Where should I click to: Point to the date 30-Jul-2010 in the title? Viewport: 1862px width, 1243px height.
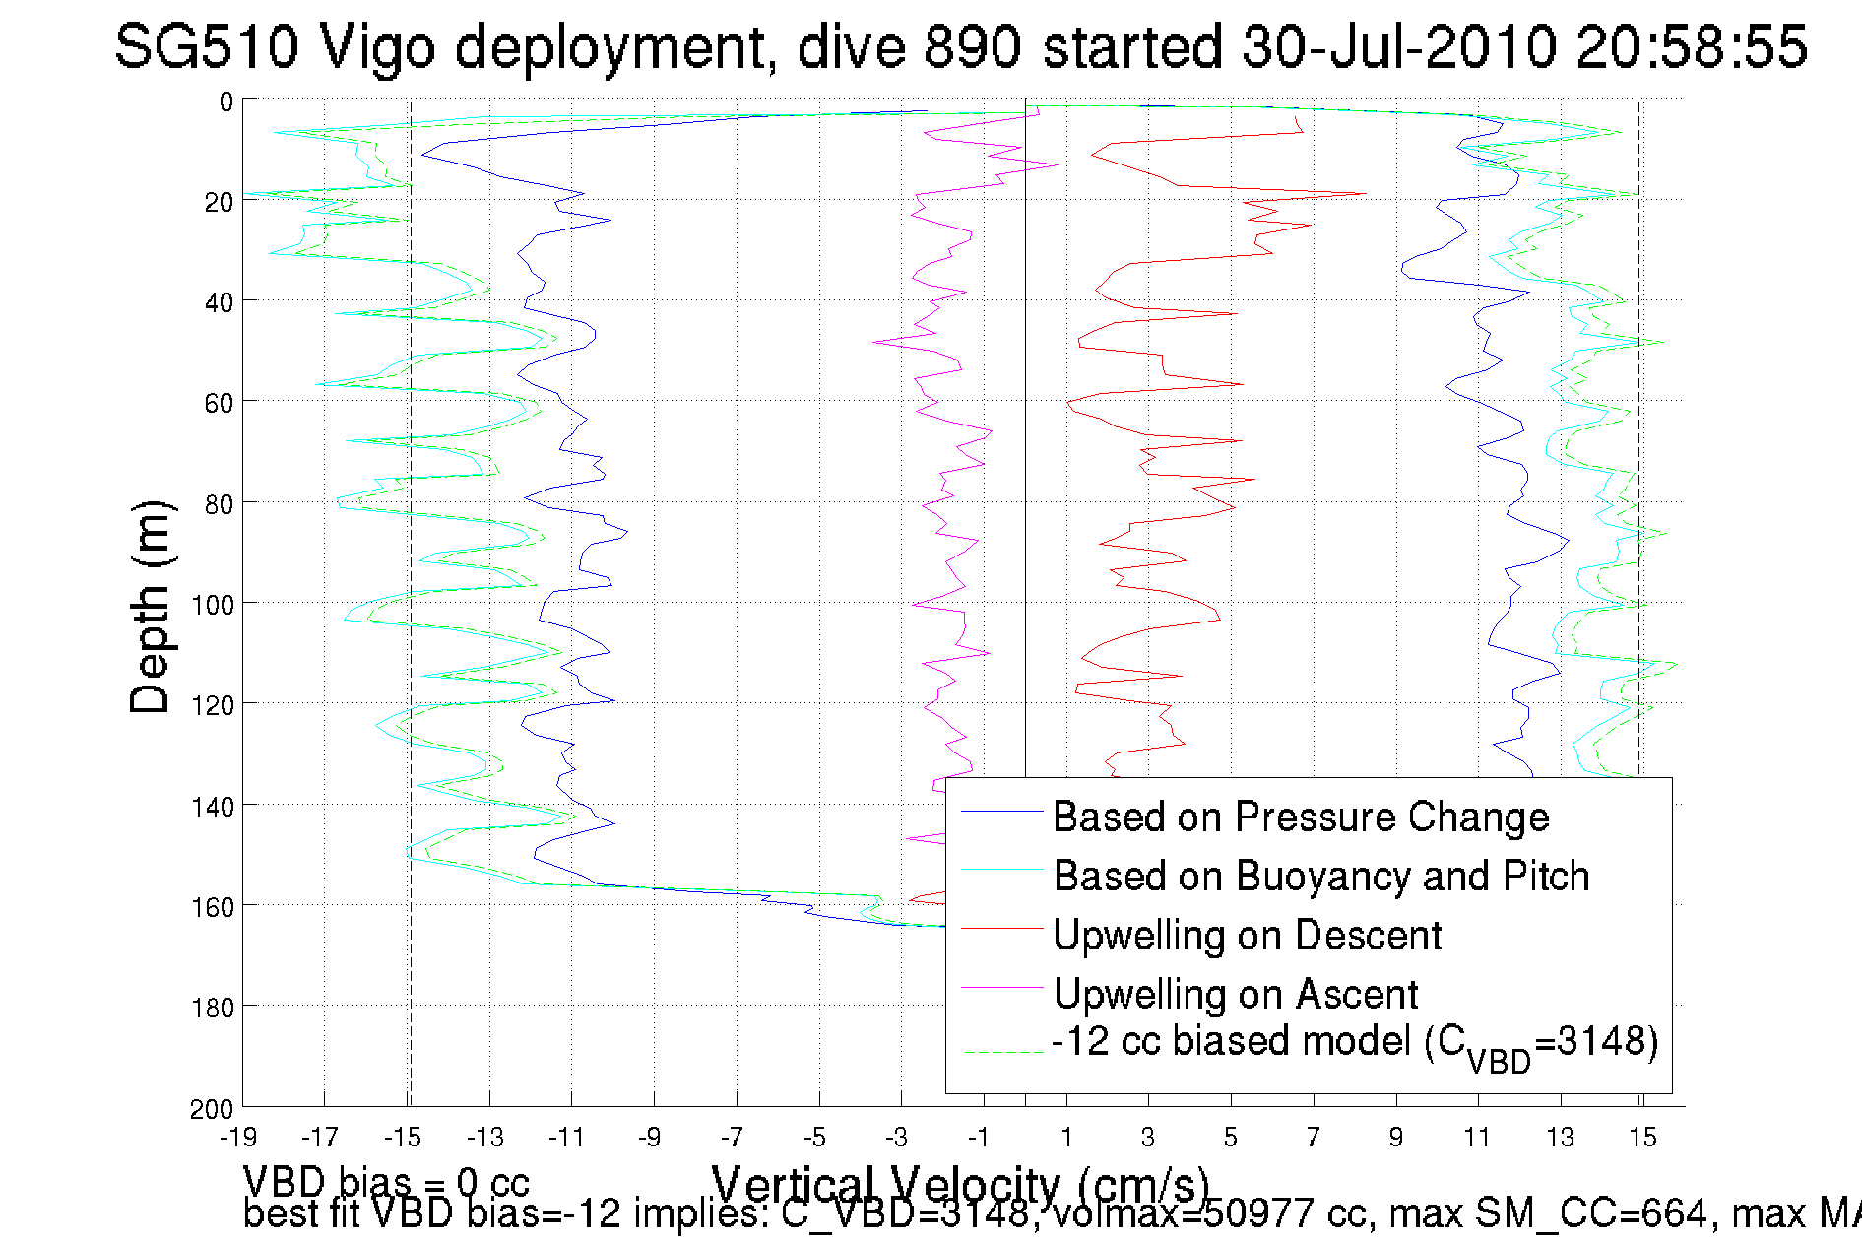click(1398, 46)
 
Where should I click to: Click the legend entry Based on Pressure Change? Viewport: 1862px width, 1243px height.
click(1301, 817)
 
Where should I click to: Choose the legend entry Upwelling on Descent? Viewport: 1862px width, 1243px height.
click(1248, 935)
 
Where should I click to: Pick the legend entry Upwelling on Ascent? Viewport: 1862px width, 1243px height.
click(1236, 994)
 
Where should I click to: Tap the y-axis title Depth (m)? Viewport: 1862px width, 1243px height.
click(152, 608)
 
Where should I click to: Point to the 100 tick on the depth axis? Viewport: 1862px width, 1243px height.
click(213, 605)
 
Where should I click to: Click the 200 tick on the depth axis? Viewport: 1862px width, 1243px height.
click(213, 1109)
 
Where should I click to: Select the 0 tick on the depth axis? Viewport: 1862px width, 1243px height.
click(226, 101)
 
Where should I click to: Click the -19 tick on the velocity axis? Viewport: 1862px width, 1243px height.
click(237, 1138)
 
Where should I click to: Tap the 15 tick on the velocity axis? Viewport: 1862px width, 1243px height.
click(1642, 1138)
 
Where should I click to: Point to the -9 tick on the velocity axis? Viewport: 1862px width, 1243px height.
click(649, 1138)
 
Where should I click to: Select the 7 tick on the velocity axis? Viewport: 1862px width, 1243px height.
click(1313, 1138)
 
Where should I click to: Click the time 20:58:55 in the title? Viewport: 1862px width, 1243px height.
click(1692, 46)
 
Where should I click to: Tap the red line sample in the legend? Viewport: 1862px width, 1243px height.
click(1001, 928)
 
